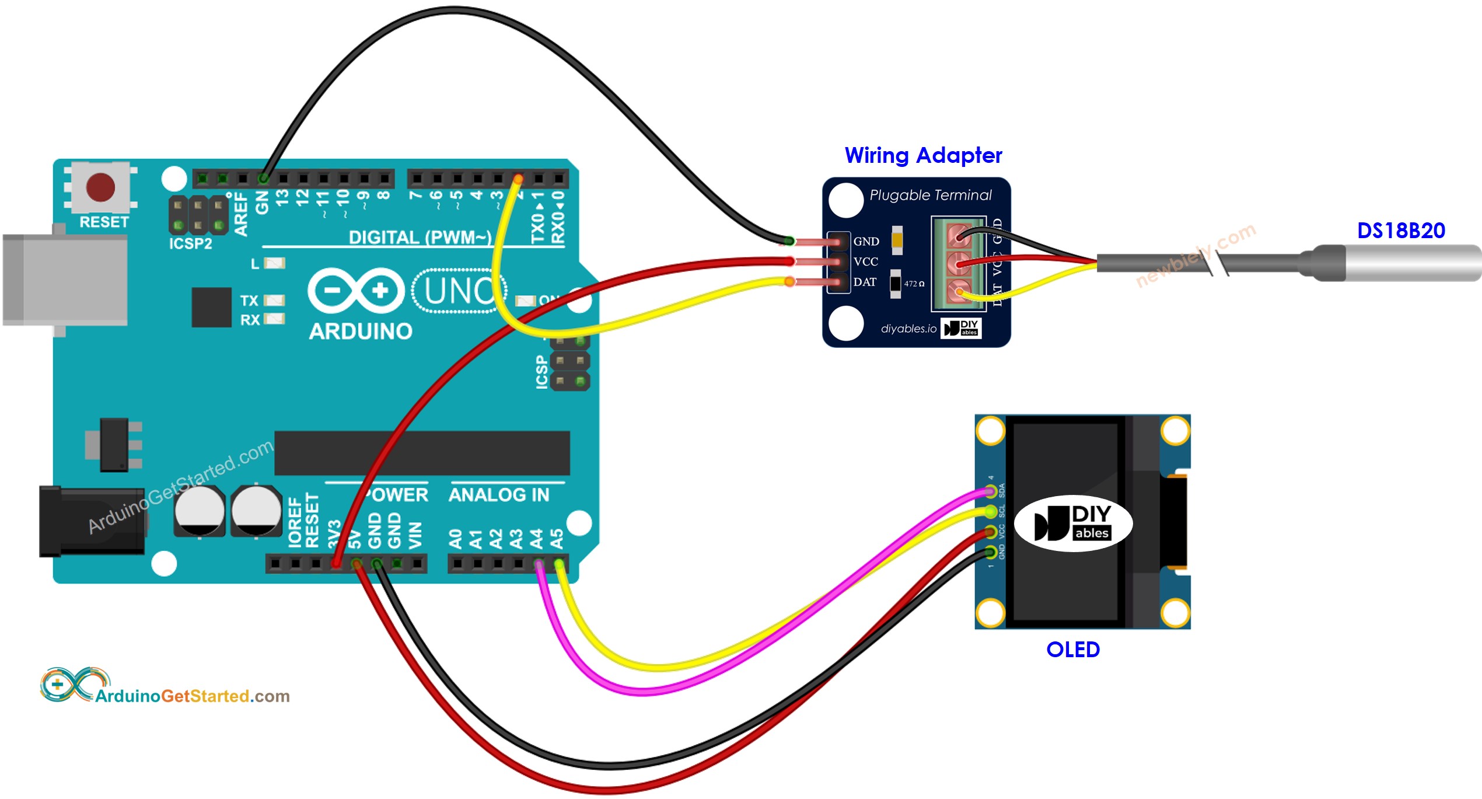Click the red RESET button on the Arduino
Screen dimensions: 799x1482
(x=100, y=187)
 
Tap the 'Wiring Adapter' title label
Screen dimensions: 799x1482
(x=923, y=155)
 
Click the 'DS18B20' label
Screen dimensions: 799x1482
(x=1401, y=231)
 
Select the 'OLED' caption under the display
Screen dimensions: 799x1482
(x=1072, y=649)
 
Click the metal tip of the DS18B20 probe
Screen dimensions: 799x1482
(x=1412, y=263)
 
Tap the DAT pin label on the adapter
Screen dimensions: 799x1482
(x=865, y=282)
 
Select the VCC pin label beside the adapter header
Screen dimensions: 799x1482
(x=865, y=261)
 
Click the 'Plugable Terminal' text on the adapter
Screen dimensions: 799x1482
(x=930, y=195)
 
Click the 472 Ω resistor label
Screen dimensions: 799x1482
(x=914, y=284)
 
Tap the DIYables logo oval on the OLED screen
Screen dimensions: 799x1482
(x=1073, y=523)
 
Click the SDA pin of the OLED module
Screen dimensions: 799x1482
(x=991, y=491)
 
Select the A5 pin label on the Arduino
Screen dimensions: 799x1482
(x=557, y=539)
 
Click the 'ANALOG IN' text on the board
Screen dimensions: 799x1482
(x=499, y=495)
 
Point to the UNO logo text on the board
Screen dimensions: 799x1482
(x=459, y=291)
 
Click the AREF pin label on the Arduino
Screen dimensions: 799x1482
(x=241, y=215)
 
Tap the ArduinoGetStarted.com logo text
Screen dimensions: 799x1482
(x=193, y=696)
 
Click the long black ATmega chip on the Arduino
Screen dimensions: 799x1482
(x=422, y=453)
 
